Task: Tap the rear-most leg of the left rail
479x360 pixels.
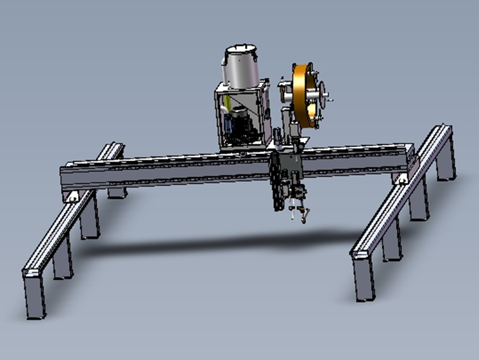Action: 117,190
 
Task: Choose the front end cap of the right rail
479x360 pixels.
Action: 360,253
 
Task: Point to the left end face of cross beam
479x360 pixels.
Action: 63,176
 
